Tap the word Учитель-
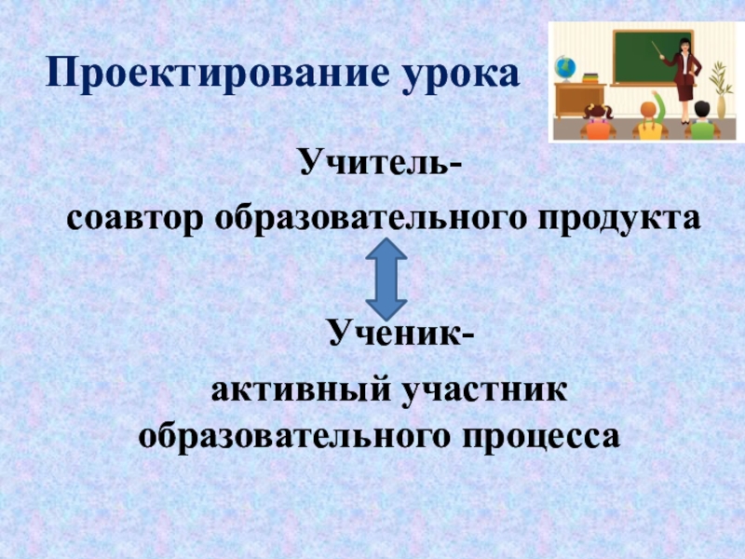381,160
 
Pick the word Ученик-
401,333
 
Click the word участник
484,391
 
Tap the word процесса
541,437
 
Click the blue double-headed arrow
386,279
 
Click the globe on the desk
565,68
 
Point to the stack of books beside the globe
589,77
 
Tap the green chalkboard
653,57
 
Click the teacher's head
684,45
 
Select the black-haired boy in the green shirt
702,120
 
